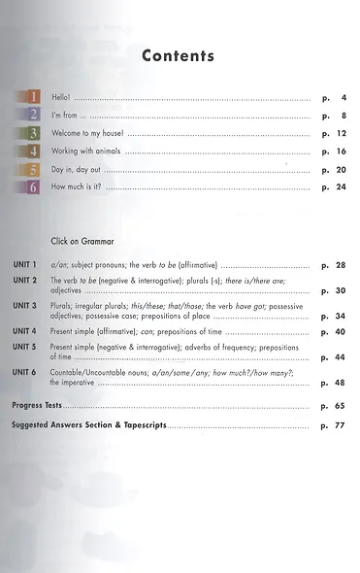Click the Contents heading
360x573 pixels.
(x=178, y=56)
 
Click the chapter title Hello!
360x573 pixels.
(x=62, y=99)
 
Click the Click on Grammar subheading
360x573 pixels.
(x=82, y=241)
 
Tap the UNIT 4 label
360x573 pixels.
(x=24, y=331)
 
